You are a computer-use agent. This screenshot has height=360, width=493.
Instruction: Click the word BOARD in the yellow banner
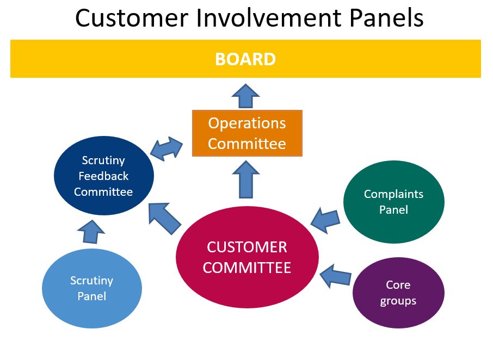point(245,59)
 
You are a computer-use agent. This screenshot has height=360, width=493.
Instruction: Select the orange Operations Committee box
point(247,133)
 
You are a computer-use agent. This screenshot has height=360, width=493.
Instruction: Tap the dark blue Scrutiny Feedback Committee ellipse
point(104,176)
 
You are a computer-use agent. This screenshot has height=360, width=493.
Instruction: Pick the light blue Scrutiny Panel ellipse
point(92,288)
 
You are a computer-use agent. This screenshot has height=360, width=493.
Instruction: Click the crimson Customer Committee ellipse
point(247,257)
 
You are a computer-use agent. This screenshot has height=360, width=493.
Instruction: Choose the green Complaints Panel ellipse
point(393,202)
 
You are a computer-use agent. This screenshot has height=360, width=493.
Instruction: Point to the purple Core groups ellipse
point(398,293)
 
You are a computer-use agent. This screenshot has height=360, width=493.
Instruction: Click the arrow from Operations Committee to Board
point(245,96)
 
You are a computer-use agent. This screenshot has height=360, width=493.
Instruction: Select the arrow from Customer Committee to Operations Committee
point(245,179)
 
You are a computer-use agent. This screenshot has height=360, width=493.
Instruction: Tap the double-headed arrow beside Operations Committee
point(167,148)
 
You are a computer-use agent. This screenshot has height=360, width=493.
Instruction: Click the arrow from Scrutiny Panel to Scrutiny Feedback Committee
point(91,232)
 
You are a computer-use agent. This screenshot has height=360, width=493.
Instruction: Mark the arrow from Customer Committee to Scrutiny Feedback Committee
point(164,218)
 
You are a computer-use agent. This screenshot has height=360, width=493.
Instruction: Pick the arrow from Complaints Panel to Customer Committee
point(325,220)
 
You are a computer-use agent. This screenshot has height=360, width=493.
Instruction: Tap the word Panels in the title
point(386,17)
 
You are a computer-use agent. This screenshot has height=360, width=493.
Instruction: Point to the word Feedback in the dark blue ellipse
point(103,176)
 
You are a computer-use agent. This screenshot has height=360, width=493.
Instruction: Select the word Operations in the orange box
point(247,123)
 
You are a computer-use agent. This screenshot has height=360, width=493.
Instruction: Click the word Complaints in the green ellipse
point(393,195)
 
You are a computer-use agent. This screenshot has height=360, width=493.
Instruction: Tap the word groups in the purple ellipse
point(398,301)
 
